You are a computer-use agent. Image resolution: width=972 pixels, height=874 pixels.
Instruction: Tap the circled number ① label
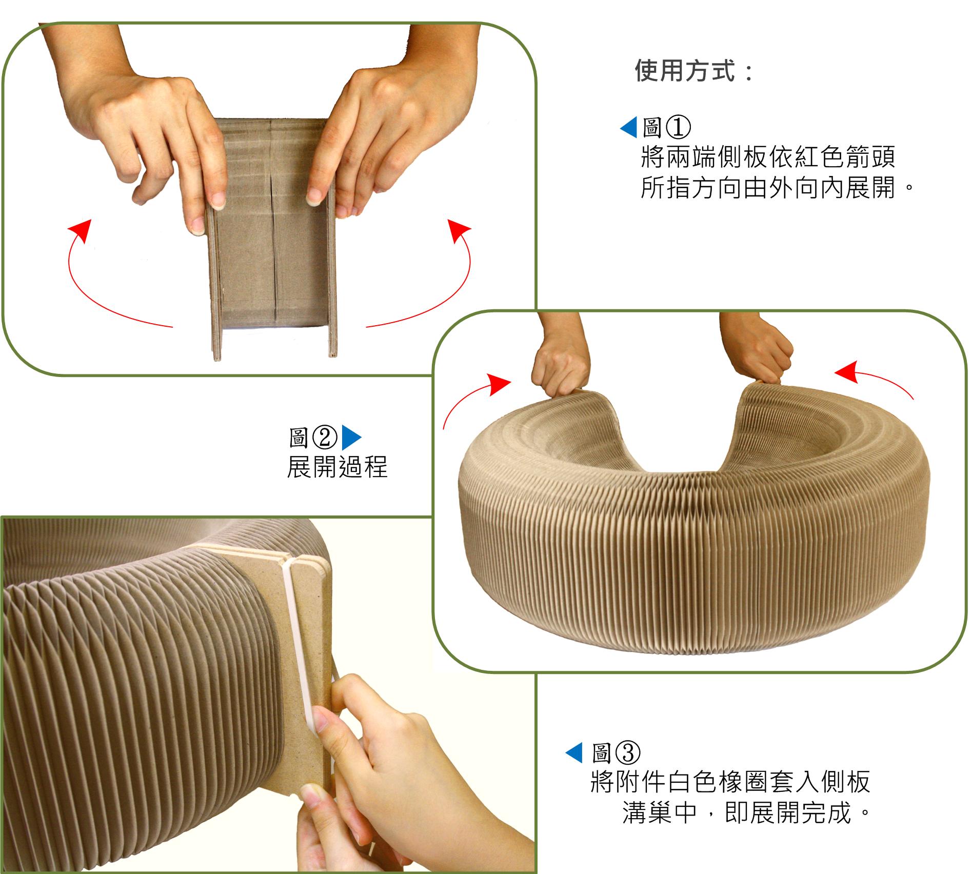tap(678, 127)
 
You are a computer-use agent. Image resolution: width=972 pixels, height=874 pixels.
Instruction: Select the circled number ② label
tap(325, 438)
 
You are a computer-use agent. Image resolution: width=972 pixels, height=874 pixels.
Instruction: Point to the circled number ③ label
tap(628, 753)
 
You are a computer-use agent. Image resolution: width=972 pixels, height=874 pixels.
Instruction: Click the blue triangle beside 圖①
tap(628, 127)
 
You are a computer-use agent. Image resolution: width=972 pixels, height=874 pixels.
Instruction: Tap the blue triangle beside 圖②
tap(351, 438)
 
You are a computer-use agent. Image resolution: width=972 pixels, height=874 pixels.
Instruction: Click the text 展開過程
tap(337, 467)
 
